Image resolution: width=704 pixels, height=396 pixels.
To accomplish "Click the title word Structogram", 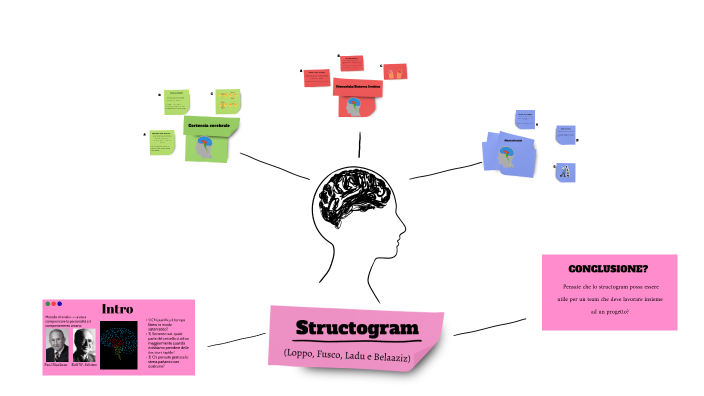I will click(x=356, y=328).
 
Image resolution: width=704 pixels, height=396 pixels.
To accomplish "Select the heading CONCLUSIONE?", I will click(x=608, y=269).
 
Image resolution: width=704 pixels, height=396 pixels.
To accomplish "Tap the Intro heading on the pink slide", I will click(x=118, y=309).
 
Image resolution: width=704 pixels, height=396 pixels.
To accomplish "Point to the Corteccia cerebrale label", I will click(x=209, y=125).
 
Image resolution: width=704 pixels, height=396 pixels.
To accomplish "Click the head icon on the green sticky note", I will click(x=203, y=147).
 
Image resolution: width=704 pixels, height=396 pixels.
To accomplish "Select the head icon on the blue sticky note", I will click(x=507, y=155).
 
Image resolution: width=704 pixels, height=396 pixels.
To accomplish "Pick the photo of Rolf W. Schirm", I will click(x=84, y=345).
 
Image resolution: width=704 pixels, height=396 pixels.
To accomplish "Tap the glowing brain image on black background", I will click(x=123, y=348).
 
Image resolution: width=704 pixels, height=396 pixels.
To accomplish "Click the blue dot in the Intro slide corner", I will click(x=60, y=304).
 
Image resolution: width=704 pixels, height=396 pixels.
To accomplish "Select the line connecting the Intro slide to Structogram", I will click(x=231, y=341).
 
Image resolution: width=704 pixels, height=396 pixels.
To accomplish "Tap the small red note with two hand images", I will click(x=396, y=72).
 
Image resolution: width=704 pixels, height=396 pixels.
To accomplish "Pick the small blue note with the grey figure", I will click(x=566, y=171).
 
